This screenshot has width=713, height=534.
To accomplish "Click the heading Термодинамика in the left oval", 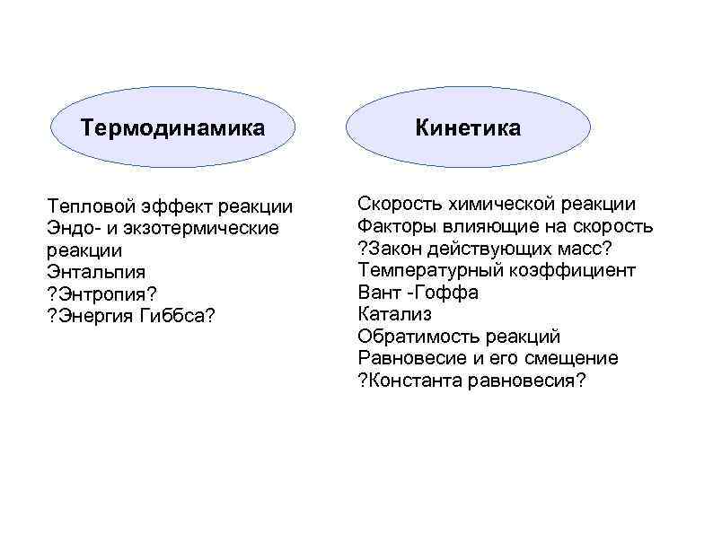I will tap(172, 127).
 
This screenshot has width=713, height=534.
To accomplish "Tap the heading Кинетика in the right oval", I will tap(467, 127).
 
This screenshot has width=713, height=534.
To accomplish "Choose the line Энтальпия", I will tap(96, 272).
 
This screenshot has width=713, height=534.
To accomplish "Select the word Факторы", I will tap(395, 226).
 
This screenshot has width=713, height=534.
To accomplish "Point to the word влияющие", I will tap(481, 226).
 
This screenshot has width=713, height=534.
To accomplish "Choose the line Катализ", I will tap(394, 314).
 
